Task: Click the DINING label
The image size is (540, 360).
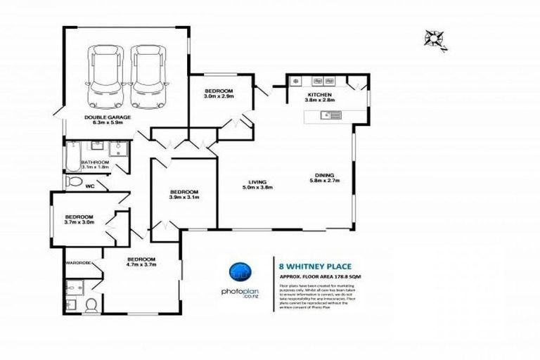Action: [x=323, y=175]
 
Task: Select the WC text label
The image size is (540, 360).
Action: [x=89, y=187]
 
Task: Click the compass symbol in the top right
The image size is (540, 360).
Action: [x=436, y=40]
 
